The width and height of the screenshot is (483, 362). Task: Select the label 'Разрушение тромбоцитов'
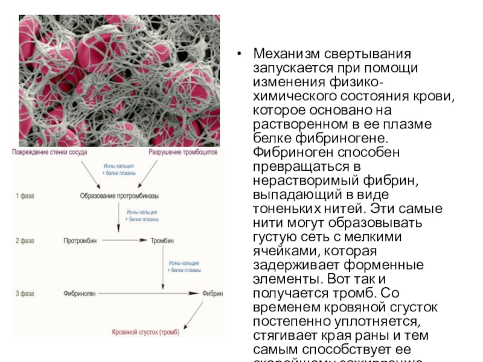183,154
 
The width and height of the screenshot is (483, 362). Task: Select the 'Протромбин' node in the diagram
78,241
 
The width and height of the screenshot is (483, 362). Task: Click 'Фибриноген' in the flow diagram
78,293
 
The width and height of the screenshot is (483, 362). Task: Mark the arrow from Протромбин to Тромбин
124,241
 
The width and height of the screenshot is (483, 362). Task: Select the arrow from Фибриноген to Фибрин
148,293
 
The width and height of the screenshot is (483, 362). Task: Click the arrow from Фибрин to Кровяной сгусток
193,313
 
